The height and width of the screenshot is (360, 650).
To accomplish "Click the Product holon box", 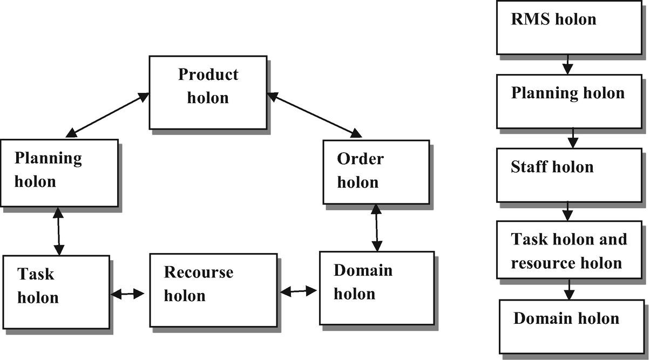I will [208, 92].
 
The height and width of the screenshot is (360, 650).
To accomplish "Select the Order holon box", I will [376, 172].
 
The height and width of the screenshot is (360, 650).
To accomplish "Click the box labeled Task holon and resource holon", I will [569, 250].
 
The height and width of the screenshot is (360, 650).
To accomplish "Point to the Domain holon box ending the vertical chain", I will [569, 325].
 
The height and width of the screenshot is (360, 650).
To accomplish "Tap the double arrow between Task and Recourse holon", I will [127, 294].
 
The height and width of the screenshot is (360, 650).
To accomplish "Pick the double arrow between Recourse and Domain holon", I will [299, 291].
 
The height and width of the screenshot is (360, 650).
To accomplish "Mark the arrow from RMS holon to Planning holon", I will [566, 65].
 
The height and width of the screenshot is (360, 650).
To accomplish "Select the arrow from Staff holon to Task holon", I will [567, 211].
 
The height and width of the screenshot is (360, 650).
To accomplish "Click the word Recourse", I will [198, 273].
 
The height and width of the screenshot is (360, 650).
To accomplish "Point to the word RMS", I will [529, 19].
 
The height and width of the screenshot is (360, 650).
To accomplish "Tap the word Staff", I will [526, 167].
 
